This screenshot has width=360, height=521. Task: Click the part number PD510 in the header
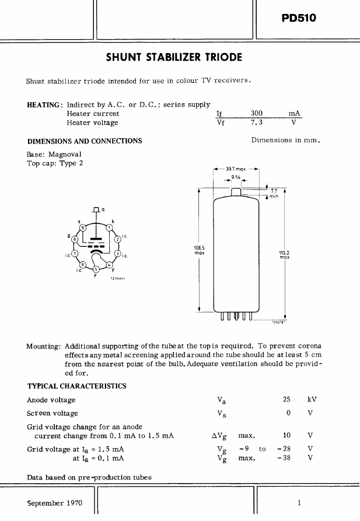(298, 18)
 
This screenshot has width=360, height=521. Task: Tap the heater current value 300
(257, 114)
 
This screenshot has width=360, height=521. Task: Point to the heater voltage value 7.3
(257, 123)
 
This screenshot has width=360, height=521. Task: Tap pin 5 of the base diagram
(96, 269)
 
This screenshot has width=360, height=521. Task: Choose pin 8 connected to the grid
(74, 239)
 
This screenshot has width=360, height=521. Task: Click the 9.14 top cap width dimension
(236, 176)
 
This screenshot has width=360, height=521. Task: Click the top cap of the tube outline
(236, 193)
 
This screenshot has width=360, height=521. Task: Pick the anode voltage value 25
(286, 400)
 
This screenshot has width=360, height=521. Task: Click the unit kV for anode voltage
(312, 400)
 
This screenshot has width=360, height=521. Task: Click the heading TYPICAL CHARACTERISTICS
(76, 386)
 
